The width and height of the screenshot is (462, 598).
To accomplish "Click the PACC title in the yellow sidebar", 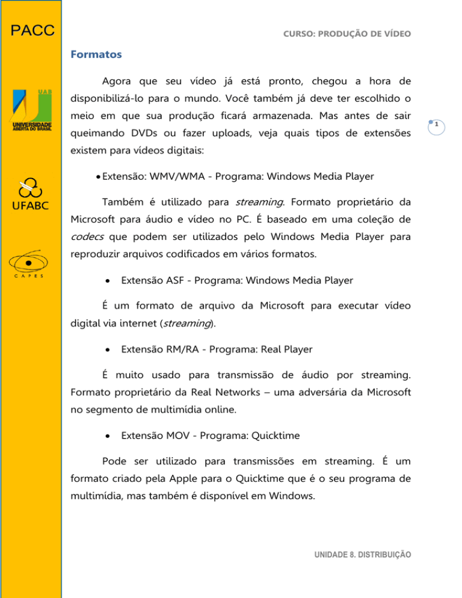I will pos(31,30).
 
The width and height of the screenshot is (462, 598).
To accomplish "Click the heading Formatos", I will pos(96,54).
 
